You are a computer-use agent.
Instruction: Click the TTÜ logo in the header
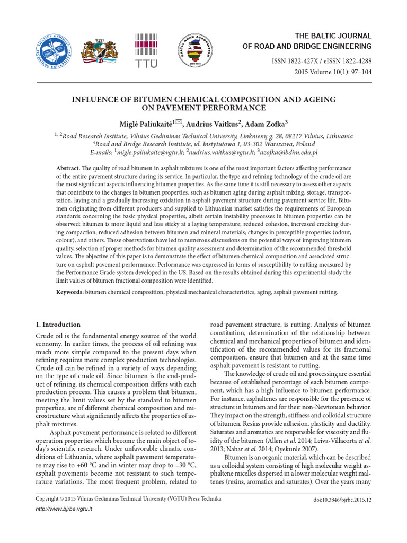point(147,51)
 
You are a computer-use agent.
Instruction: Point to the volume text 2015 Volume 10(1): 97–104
point(329,73)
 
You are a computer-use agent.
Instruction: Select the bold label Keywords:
point(70,292)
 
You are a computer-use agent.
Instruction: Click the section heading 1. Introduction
point(58,324)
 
